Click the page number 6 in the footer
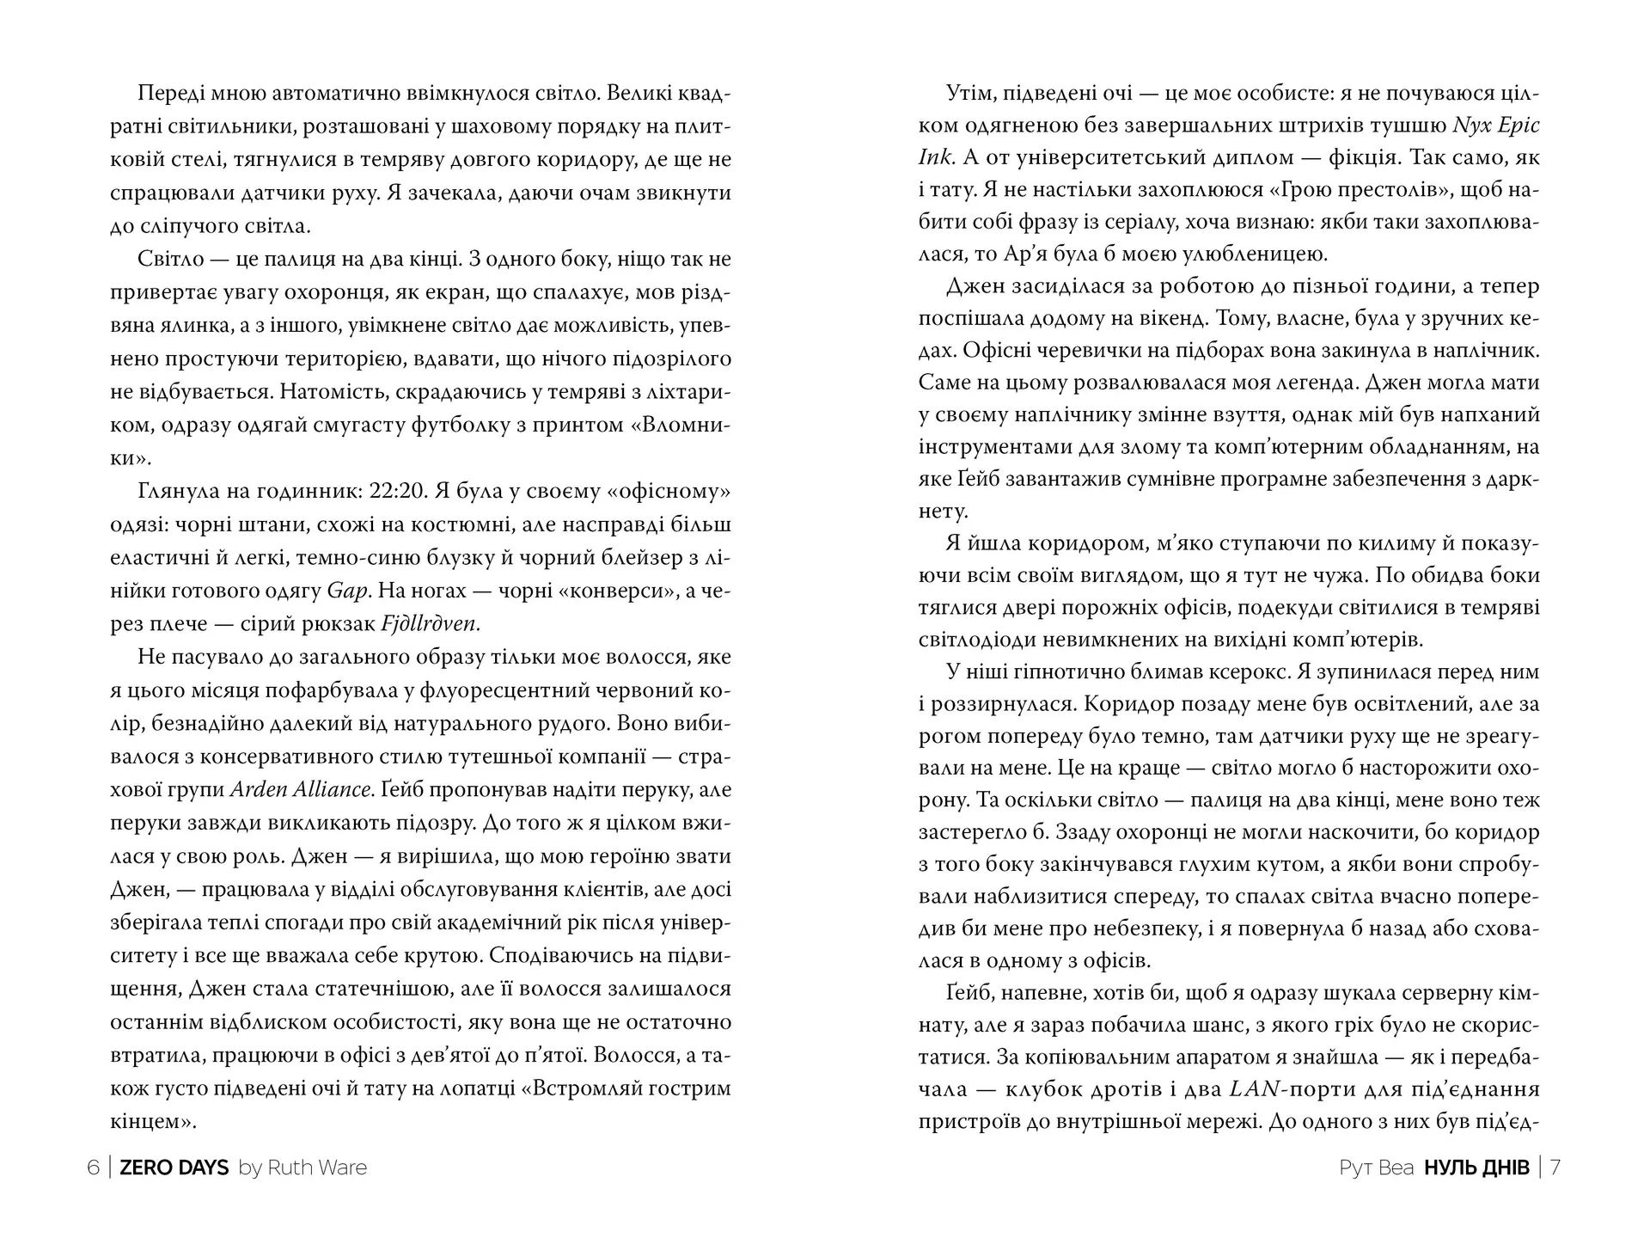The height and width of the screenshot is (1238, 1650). [93, 1168]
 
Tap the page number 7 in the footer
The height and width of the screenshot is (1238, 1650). [1555, 1168]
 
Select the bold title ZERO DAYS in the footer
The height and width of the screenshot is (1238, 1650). [174, 1168]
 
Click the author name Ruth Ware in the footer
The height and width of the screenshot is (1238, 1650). [316, 1168]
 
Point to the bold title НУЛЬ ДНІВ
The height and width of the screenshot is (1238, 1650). [1476, 1168]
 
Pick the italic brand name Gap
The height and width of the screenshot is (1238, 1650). [348, 591]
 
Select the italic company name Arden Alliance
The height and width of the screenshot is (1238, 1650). [301, 789]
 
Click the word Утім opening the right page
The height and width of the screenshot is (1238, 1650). [969, 93]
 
